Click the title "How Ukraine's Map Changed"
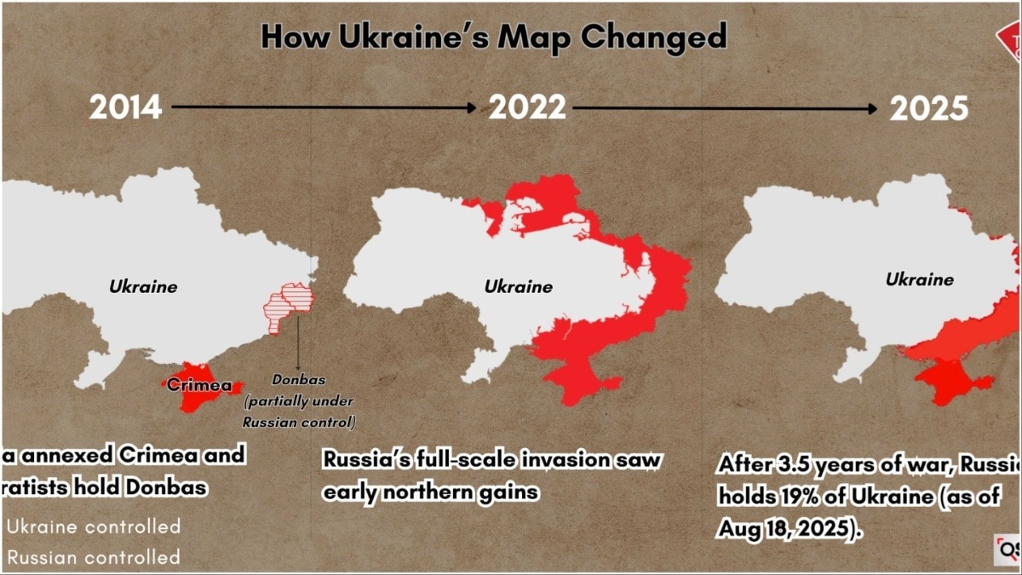pos(493,37)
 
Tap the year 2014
pos(125,107)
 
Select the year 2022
pos(526,107)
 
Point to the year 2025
pos(928,108)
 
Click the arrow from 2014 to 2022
pos(324,107)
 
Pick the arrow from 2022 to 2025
pos(725,108)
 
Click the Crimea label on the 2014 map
pos(198,385)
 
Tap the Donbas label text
pos(298,380)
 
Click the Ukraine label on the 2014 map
pos(143,286)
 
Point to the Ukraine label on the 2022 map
pos(518,286)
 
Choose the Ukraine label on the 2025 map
pos(920,279)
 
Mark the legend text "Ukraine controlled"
pos(93,526)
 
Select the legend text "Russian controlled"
pos(93,557)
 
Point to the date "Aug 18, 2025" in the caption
pos(784,528)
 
